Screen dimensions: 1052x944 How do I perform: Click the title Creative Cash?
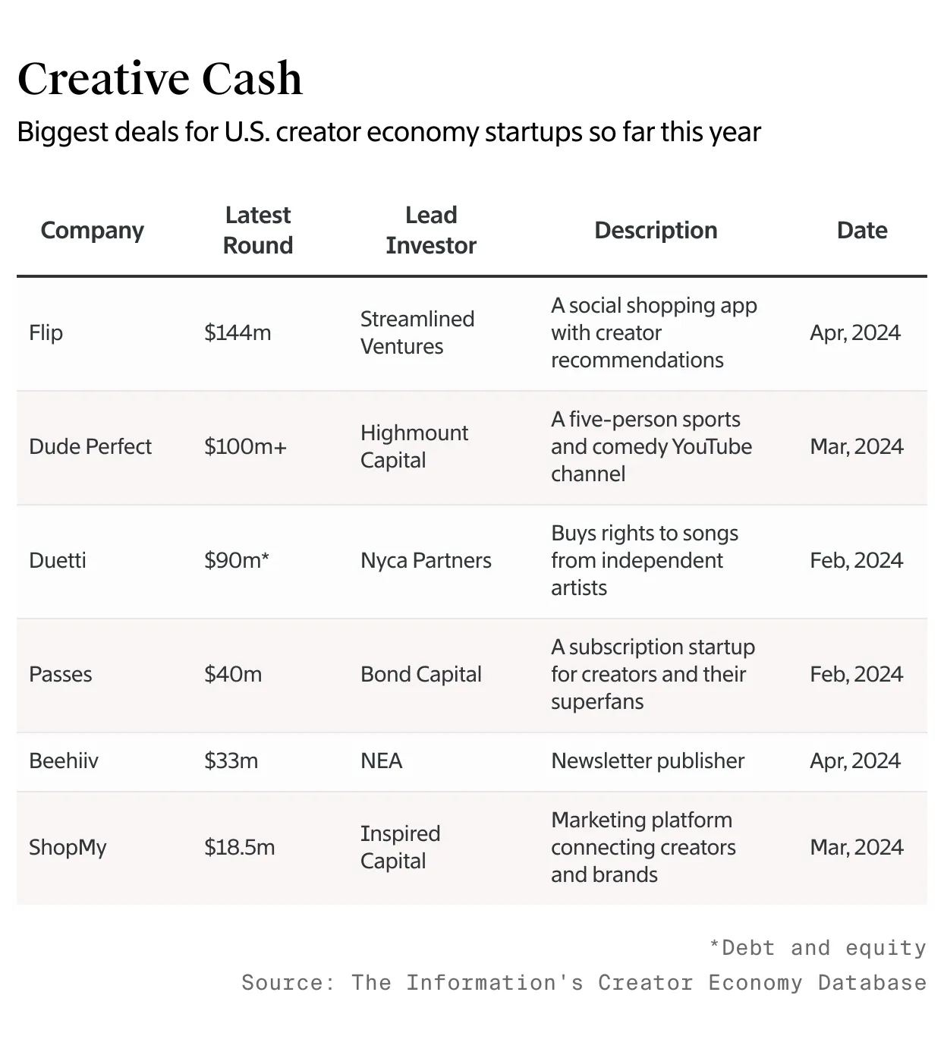point(159,79)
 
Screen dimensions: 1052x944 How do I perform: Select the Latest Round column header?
point(258,230)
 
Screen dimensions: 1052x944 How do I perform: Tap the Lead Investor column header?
point(430,230)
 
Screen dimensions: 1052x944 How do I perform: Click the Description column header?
point(656,230)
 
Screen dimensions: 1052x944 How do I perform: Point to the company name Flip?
point(46,332)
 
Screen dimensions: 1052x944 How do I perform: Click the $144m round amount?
point(238,332)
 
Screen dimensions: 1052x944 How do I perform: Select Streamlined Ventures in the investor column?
point(417,332)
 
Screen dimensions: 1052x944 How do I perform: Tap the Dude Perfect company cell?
point(90,446)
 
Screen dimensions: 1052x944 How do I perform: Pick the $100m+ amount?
point(245,446)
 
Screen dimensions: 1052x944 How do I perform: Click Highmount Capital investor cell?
point(414,446)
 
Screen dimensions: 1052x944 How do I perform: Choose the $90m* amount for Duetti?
point(237,560)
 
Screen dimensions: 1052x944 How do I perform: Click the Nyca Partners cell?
point(426,560)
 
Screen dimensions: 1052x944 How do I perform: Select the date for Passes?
point(856,674)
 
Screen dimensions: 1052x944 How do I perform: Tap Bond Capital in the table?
point(421,674)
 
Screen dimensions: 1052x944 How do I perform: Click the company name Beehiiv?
point(64,761)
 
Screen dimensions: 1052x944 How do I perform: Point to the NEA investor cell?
point(381,761)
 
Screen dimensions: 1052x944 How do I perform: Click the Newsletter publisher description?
point(647,761)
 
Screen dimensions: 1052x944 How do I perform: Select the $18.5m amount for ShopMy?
point(239,847)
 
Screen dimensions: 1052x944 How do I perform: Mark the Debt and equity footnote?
point(817,948)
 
